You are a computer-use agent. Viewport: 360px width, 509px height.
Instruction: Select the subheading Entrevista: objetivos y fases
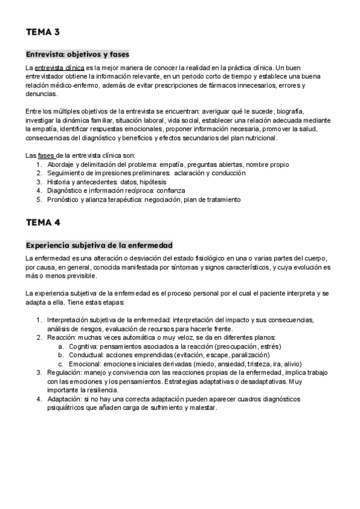point(77,54)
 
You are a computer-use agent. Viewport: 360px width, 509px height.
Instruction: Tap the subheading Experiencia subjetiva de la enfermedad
point(99,245)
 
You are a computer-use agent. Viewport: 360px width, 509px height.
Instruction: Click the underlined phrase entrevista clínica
point(59,67)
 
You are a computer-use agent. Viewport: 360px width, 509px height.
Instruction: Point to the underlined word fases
point(46,155)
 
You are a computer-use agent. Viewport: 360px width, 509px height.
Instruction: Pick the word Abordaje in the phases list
point(62,164)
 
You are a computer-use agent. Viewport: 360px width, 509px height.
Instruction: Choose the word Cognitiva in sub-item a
point(83,346)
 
